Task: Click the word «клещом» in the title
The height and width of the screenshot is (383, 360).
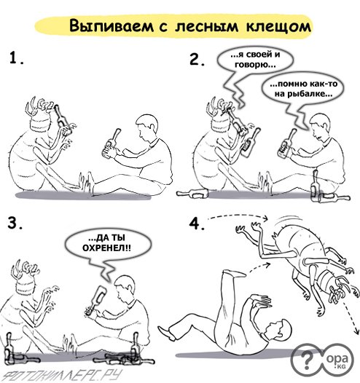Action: click(x=278, y=26)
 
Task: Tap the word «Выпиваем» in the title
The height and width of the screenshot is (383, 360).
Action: click(x=111, y=25)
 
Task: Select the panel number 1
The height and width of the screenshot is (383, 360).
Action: click(x=16, y=58)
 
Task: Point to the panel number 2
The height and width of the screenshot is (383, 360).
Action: click(x=197, y=60)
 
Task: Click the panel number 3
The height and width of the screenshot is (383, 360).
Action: click(x=15, y=223)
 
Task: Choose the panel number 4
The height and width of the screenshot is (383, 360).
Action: click(x=197, y=224)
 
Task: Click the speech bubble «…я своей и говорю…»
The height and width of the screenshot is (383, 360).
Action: click(x=254, y=63)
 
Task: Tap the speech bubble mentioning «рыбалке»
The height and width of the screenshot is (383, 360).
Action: click(x=303, y=89)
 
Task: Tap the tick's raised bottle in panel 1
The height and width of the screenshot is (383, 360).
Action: click(x=62, y=119)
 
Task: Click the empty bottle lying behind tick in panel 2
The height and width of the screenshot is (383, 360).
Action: click(x=192, y=194)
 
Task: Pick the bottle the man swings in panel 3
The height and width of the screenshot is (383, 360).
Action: click(x=96, y=301)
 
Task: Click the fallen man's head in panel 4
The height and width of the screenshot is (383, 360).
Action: click(x=280, y=331)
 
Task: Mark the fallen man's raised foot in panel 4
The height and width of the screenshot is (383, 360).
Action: click(x=234, y=273)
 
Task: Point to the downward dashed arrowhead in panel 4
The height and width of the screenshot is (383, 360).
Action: click(x=356, y=331)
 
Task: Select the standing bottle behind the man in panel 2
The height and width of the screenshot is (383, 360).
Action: click(x=315, y=186)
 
